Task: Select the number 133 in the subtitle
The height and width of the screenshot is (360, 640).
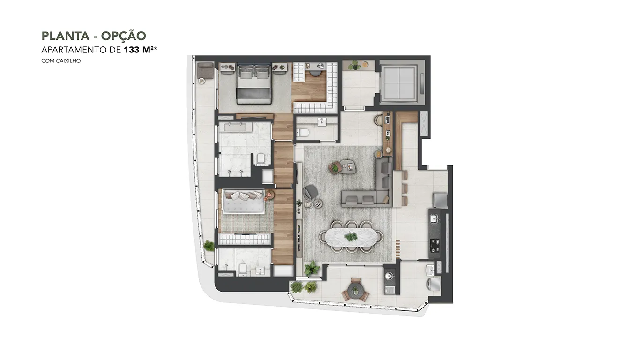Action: pos(132,50)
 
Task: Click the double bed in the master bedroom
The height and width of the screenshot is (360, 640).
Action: pos(254,83)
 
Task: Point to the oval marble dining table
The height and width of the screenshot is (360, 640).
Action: pos(351,237)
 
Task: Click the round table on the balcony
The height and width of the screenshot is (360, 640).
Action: pos(355,291)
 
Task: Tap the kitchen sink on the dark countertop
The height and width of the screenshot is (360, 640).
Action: pos(434,219)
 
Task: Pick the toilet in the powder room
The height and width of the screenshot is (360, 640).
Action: pos(303,132)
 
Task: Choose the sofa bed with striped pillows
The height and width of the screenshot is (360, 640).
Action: pos(244,201)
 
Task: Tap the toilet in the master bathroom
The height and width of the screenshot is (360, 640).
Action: pos(260,159)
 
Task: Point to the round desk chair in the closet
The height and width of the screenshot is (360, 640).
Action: pos(316,72)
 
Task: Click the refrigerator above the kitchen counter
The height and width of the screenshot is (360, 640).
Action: pos(440,200)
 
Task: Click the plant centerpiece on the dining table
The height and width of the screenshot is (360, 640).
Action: pos(351,237)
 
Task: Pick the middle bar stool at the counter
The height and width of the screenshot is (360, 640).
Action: pos(404,188)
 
